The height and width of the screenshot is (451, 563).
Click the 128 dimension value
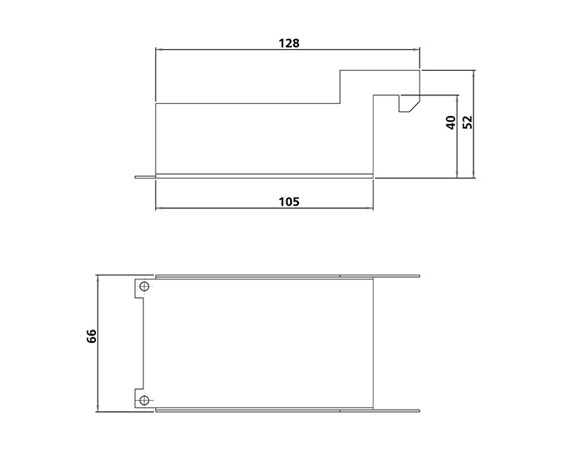(x=289, y=43)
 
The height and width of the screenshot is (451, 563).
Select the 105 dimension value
(x=289, y=201)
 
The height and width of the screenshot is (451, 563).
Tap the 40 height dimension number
(x=450, y=123)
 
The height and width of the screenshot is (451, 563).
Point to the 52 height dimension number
(x=467, y=121)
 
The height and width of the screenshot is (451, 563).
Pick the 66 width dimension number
(x=92, y=336)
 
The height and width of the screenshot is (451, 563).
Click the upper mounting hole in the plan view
(x=143, y=287)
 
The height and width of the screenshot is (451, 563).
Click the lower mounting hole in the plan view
(x=143, y=399)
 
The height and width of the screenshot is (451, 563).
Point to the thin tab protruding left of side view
(x=144, y=176)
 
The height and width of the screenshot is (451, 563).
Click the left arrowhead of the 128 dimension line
(x=158, y=50)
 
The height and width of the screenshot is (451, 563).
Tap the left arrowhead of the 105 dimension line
(x=158, y=209)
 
